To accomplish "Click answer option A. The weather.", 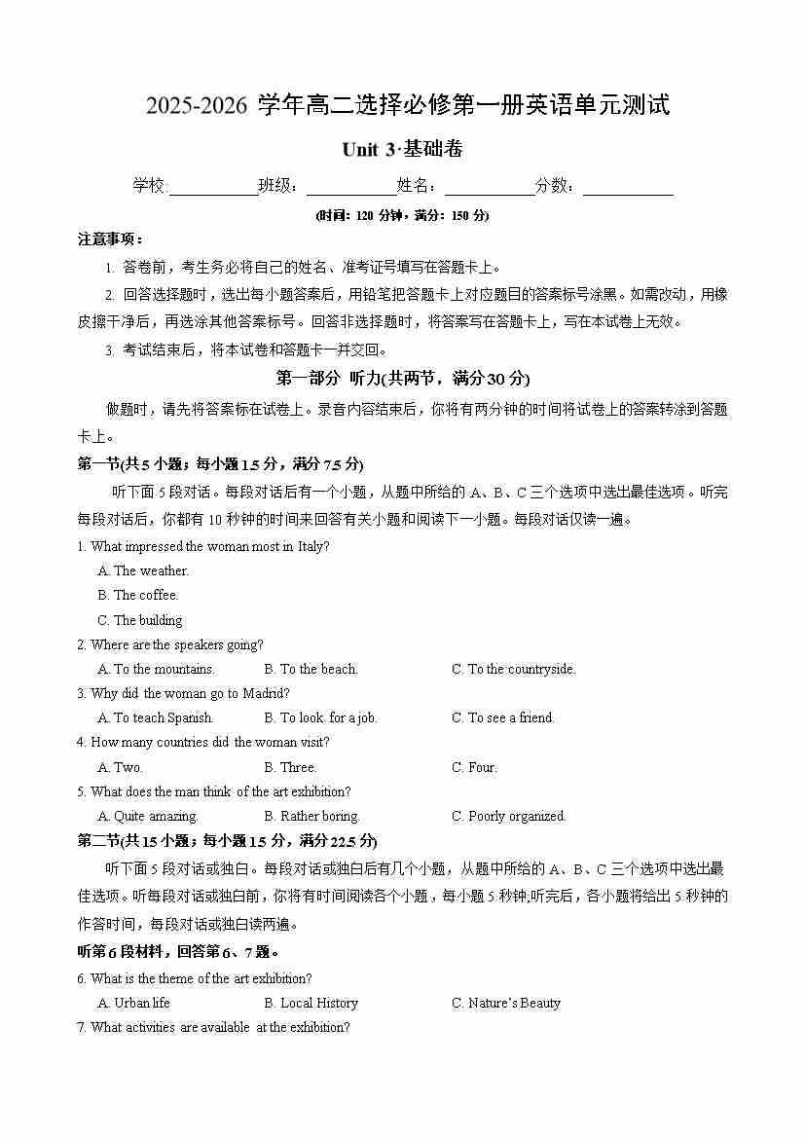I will [x=143, y=571].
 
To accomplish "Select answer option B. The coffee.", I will [x=138, y=596].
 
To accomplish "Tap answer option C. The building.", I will [x=140, y=620].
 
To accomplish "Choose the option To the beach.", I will [x=311, y=670].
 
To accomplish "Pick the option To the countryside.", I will [x=513, y=670].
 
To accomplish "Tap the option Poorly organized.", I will [x=508, y=817].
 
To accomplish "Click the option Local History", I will [x=311, y=1004].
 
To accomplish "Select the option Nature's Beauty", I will [x=505, y=1004].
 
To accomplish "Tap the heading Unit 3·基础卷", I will [x=402, y=150].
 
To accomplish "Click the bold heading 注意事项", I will [x=110, y=239].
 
